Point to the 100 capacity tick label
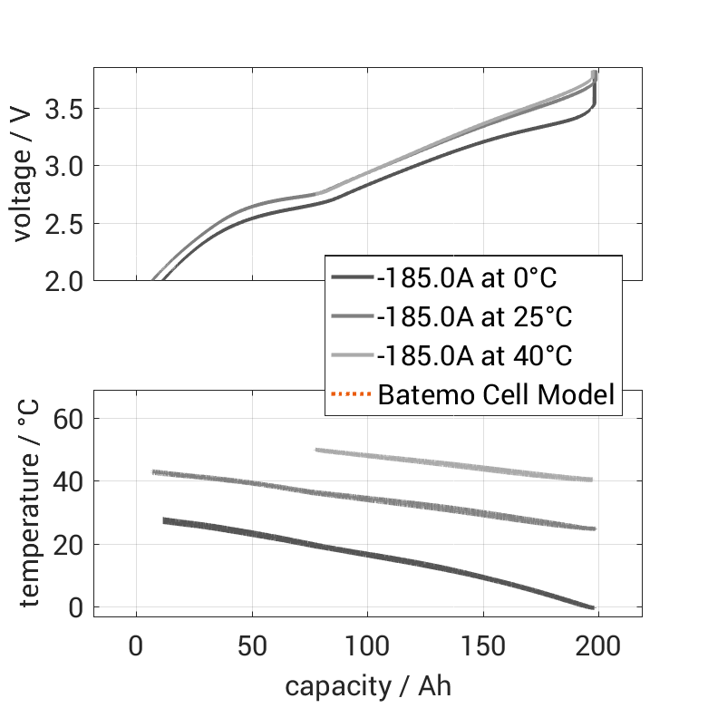pyautogui.click(x=367, y=648)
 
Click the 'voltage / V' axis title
pyautogui.click(x=24, y=175)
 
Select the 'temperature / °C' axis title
pyautogui.click(x=29, y=504)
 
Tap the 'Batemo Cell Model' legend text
pyautogui.click(x=497, y=394)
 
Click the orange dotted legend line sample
pyautogui.click(x=351, y=394)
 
